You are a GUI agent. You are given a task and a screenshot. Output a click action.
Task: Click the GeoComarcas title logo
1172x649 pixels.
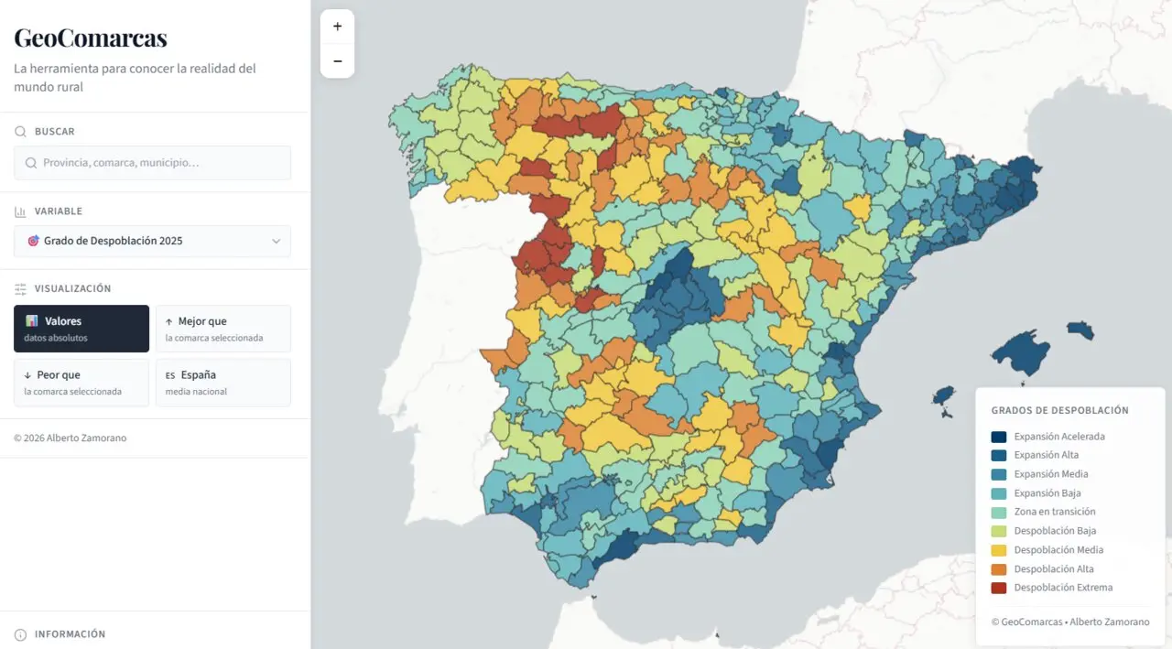click(90, 38)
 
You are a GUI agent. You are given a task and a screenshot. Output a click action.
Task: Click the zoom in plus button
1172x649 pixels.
click(337, 27)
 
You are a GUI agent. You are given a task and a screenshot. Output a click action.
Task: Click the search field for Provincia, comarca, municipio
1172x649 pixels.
click(152, 163)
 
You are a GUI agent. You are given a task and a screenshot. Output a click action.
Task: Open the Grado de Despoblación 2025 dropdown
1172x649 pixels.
click(152, 241)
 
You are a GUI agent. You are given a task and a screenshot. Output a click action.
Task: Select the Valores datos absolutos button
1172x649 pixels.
click(81, 329)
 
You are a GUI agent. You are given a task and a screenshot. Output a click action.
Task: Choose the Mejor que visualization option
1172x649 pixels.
click(222, 329)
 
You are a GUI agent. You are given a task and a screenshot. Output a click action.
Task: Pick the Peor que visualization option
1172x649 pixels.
click(81, 382)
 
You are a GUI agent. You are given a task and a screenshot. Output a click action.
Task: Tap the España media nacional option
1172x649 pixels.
click(222, 382)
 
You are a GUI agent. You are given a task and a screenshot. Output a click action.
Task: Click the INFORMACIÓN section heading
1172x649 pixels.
click(70, 634)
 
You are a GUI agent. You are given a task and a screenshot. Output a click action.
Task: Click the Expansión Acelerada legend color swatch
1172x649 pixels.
click(998, 437)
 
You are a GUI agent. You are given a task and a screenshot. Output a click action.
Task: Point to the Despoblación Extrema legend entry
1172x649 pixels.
click(1062, 588)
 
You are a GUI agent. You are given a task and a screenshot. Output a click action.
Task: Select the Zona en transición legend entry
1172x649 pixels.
click(1054, 512)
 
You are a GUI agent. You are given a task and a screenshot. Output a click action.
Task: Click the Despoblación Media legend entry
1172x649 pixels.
click(1058, 550)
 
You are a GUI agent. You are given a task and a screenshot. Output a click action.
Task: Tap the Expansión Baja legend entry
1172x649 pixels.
click(1047, 493)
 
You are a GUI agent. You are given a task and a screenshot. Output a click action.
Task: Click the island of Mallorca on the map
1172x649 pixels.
click(1021, 352)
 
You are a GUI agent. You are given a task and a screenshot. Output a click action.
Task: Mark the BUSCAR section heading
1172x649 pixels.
click(54, 132)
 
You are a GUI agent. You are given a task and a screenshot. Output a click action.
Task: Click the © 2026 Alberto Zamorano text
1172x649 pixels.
click(71, 438)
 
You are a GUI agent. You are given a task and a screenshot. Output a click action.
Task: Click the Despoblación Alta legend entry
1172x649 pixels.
click(1053, 569)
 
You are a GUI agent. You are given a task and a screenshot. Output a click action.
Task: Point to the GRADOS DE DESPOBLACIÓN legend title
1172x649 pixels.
click(1059, 411)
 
